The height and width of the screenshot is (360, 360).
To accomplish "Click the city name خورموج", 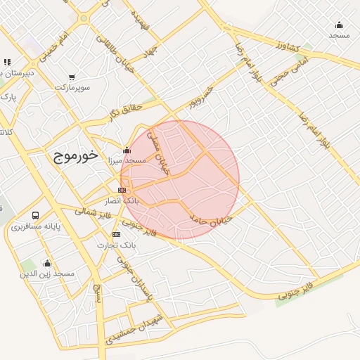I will [x=75, y=155].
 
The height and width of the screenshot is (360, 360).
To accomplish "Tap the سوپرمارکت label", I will [x=74, y=88].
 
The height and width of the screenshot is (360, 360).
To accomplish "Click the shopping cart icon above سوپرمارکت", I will [x=72, y=77].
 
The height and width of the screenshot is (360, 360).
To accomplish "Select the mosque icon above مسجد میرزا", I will [x=127, y=149].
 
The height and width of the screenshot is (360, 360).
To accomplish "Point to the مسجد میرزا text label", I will [x=124, y=160].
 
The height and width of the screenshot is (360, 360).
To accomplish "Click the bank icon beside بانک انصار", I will [x=122, y=190].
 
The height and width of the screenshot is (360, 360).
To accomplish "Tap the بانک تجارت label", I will [x=117, y=245].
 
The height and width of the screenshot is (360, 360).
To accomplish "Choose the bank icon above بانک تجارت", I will [x=116, y=234].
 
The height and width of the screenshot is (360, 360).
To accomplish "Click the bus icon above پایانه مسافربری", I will [x=36, y=215].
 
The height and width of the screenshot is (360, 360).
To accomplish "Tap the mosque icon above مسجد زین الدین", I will [x=47, y=263].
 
